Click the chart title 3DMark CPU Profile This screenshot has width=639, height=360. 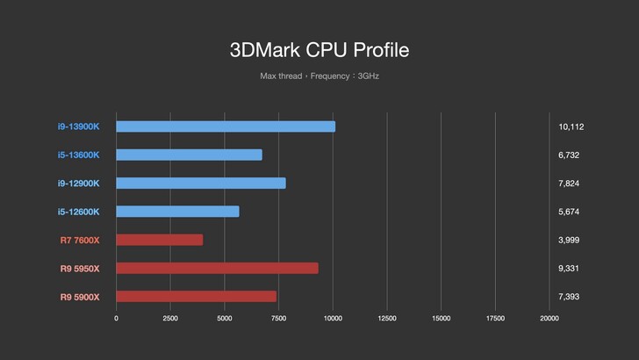pos(319,50)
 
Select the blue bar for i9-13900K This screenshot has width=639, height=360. pos(226,126)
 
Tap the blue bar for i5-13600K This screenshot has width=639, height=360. pos(189,155)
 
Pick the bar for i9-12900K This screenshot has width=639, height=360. pos(201,183)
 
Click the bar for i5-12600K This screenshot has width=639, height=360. pos(177,212)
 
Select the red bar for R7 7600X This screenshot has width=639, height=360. pos(159,240)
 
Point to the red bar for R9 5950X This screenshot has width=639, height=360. pos(217,268)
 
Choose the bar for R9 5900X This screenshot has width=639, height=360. pos(196,297)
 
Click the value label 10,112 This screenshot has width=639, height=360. pos(571,126)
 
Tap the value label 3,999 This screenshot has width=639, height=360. pos(568,240)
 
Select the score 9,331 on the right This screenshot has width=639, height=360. pos(568,268)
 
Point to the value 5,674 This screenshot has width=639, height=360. pos(568,212)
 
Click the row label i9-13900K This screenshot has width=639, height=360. pos(79,126)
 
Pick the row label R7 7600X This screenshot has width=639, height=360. pos(79,240)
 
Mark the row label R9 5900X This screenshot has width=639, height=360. pos(79,297)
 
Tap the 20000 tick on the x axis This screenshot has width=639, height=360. pos(549,318)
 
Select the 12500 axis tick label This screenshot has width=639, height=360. pos(386,318)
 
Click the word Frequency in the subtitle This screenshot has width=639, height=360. pos(330,76)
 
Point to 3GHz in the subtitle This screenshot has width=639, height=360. pos(369,76)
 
